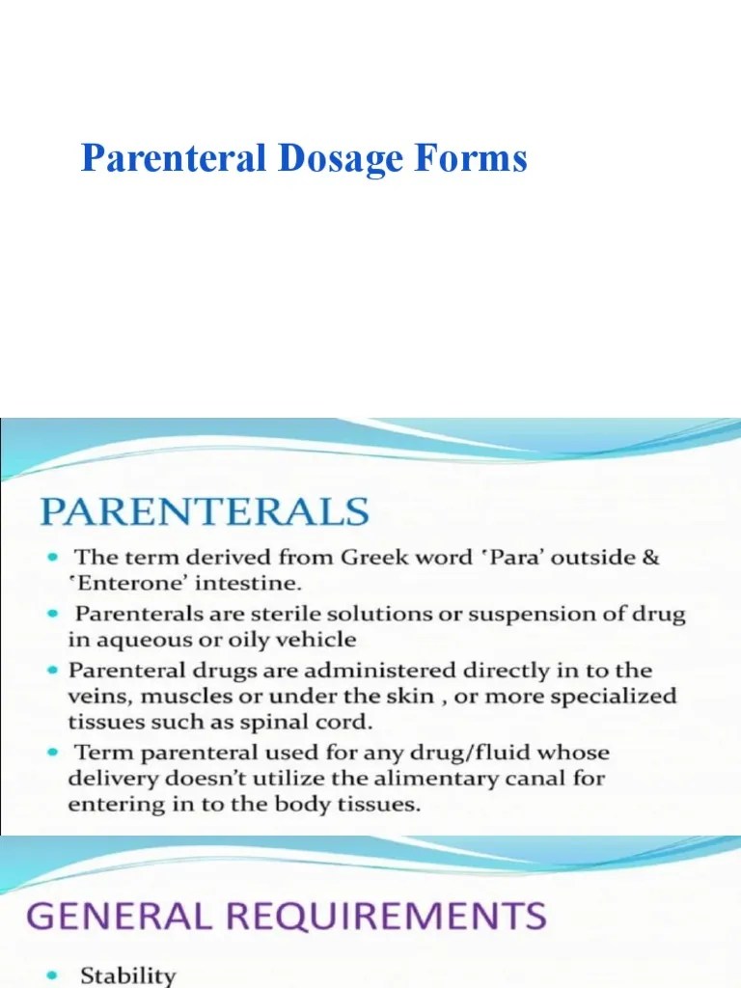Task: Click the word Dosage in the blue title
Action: click(341, 160)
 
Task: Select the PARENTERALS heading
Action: click(205, 511)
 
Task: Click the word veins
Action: click(97, 697)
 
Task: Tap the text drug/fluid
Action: click(470, 754)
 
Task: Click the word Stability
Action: click(128, 975)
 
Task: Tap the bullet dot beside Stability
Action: click(55, 974)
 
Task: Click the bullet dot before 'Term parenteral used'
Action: click(55, 752)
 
